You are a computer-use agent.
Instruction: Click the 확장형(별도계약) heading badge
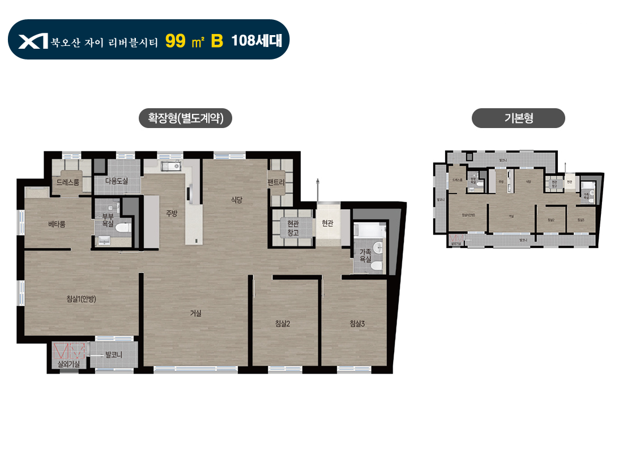185,118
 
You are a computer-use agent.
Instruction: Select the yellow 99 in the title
176,40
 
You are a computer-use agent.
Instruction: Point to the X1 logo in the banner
32,41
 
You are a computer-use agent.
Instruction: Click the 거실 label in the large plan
196,313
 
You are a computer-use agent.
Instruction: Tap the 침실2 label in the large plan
283,324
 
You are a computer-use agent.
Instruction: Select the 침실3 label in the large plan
357,324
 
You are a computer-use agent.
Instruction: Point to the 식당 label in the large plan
237,199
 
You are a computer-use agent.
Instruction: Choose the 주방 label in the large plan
172,213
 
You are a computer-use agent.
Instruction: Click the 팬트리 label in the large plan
280,182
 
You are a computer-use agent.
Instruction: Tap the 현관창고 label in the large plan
293,228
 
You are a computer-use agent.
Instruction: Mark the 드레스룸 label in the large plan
68,181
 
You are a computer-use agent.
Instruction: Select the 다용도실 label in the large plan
117,181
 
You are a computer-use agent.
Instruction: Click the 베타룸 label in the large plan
57,224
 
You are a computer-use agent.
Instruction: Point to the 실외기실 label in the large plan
69,364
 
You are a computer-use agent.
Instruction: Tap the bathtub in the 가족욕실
367,230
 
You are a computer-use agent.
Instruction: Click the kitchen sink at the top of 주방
170,166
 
